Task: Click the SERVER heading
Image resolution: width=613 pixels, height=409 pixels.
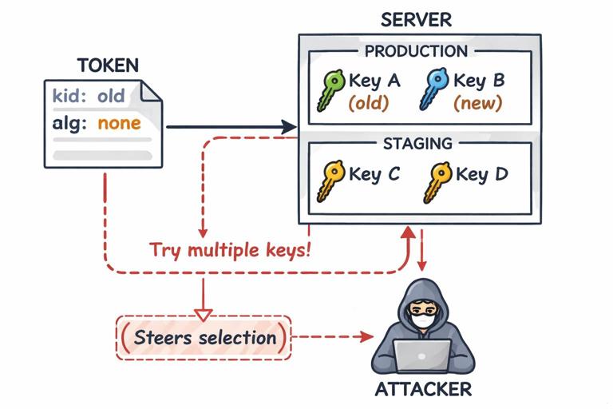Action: (416, 19)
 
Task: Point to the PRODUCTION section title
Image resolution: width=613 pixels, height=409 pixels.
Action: (416, 52)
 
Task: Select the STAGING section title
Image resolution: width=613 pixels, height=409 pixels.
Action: (417, 144)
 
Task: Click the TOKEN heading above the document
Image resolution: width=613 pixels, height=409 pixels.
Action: (108, 65)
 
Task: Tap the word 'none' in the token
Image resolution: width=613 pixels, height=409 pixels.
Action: (119, 123)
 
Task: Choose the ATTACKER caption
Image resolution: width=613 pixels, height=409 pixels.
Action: (423, 391)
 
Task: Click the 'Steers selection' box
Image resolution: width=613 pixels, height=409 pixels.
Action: (204, 337)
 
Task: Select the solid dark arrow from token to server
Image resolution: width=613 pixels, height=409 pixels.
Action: (231, 126)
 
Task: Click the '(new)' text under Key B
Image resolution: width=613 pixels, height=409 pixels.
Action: (477, 103)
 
